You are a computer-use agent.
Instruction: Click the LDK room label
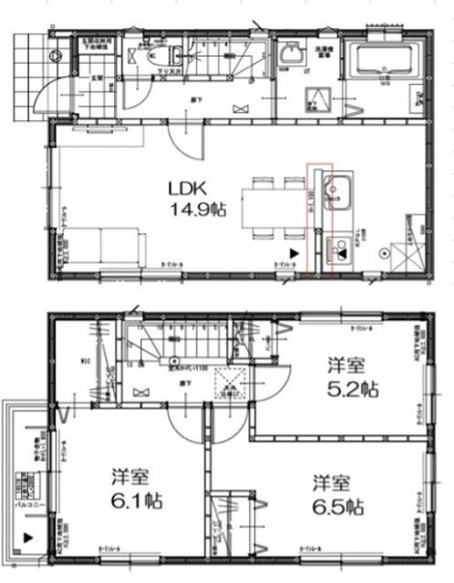[189, 189]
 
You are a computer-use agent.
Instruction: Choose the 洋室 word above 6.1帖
[131, 476]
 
